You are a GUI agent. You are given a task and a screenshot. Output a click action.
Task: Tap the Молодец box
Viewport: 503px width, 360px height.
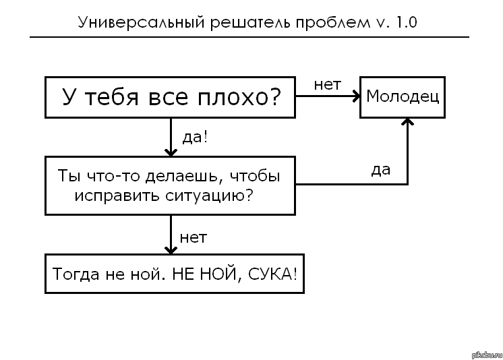click(x=403, y=96)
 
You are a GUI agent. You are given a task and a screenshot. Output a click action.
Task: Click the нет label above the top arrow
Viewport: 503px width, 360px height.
click(x=328, y=85)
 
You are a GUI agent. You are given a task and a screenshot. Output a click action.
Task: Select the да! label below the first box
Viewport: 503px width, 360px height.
click(x=195, y=137)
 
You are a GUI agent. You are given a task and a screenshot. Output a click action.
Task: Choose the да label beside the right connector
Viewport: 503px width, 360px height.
click(x=380, y=170)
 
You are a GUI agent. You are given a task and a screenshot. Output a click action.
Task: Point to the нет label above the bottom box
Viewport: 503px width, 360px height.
click(x=193, y=237)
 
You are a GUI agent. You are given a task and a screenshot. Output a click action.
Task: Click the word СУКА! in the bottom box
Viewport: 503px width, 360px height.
click(x=272, y=274)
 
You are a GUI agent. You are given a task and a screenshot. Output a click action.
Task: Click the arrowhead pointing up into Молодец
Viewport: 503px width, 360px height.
click(x=407, y=123)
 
